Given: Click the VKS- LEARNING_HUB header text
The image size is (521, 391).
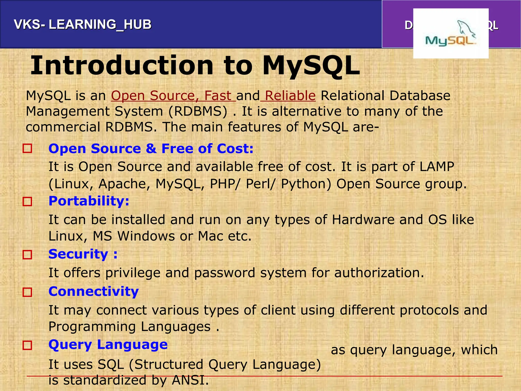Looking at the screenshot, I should coord(83,25).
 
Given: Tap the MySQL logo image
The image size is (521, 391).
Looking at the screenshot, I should coord(451,34).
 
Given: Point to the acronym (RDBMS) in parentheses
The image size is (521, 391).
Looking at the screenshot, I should coord(198,111).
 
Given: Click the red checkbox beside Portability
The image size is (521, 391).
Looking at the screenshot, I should coord(27,202).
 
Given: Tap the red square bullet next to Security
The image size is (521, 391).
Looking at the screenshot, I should coord(27,255).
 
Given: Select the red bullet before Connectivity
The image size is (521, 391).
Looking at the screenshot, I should coord(27,292).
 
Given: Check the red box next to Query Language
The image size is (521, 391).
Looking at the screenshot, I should coord(27,345).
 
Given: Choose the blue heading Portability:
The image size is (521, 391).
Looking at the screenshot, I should coord(89,201).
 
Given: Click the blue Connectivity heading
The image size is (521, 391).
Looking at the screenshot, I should coord(94,291).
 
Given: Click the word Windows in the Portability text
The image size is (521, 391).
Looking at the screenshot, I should coord(146,236).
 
